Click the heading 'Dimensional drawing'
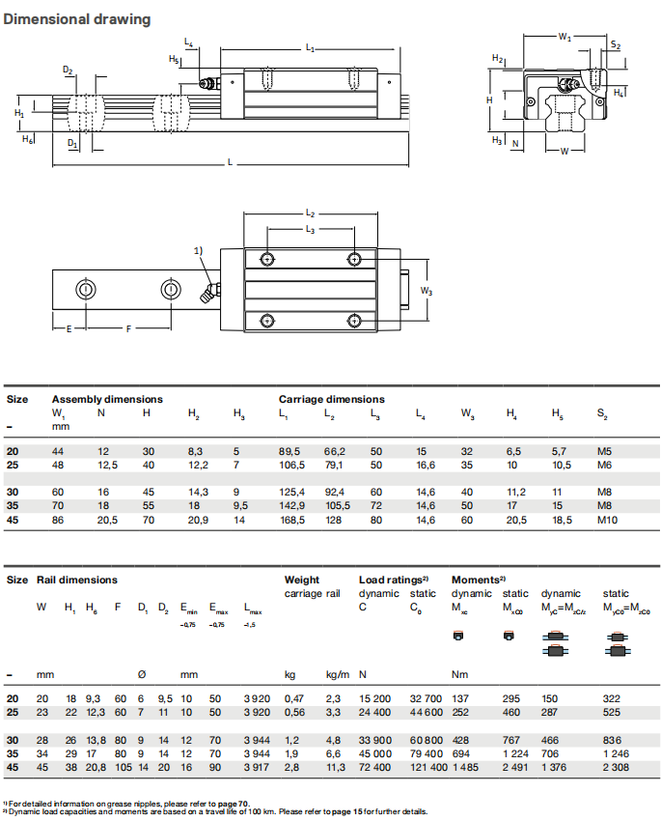click(x=77, y=19)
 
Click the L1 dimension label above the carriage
click(x=309, y=46)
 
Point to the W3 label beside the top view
click(x=427, y=290)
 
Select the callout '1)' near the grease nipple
click(x=200, y=250)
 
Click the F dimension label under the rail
click(x=128, y=328)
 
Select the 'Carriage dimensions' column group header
click(x=331, y=399)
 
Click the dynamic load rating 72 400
click(x=374, y=768)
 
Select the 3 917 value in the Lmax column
click(x=258, y=768)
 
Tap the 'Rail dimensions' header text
click(x=77, y=580)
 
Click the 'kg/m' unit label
click(x=337, y=673)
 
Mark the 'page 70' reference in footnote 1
click(x=234, y=803)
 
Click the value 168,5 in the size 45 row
click(x=290, y=521)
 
